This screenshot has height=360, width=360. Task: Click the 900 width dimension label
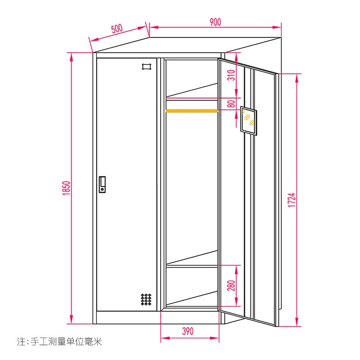click(215, 22)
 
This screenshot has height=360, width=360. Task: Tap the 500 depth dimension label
click(117, 29)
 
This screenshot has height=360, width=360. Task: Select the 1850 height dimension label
click(66, 188)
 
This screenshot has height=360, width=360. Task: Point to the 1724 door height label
click(292, 200)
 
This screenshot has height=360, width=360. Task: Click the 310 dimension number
click(231, 75)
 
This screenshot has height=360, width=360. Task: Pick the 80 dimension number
click(231, 103)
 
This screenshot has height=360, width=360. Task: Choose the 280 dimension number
click(231, 285)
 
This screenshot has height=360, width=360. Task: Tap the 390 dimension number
click(188, 331)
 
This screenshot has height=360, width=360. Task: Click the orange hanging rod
click(192, 111)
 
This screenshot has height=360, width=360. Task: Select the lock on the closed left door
click(103, 184)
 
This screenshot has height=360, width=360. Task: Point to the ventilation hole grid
click(146, 299)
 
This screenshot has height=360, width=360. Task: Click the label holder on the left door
click(147, 67)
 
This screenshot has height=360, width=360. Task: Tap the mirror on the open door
click(248, 121)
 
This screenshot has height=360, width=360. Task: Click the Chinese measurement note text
click(59, 342)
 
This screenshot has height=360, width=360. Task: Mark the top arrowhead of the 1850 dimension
click(72, 56)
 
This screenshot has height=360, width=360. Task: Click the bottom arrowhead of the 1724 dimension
click(297, 323)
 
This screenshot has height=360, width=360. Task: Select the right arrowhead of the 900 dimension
click(277, 27)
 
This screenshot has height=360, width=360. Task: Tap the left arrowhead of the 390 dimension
click(165, 338)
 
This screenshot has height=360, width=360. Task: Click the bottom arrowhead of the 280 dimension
click(236, 302)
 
